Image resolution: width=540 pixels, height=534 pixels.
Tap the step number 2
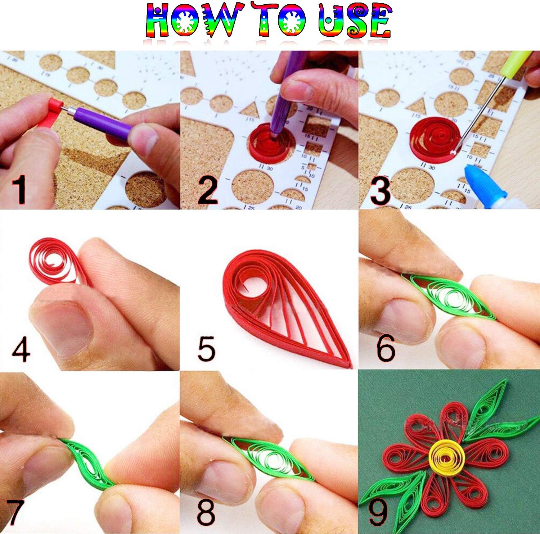tap(208, 190)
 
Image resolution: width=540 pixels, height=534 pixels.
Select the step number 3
tap(380, 191)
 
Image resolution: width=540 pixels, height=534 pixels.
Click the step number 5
tap(206, 348)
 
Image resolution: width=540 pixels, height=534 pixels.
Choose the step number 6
tap(386, 348)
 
